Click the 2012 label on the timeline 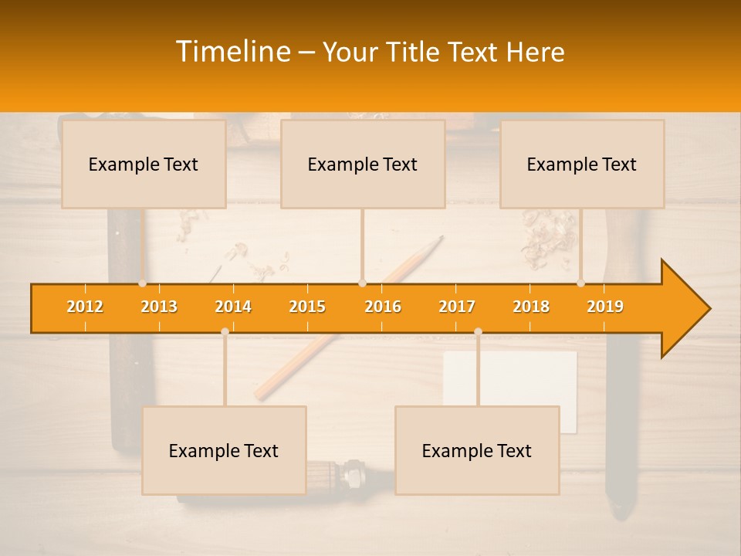click(x=85, y=307)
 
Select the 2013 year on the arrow click(x=159, y=307)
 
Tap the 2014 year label click(x=233, y=307)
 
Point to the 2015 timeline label click(x=307, y=307)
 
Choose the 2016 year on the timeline click(x=383, y=307)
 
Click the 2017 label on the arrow click(x=457, y=307)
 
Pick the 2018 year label click(x=531, y=307)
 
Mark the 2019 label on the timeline click(x=605, y=307)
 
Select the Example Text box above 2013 click(x=144, y=164)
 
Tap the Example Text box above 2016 click(x=363, y=164)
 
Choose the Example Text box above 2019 click(x=582, y=164)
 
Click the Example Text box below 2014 click(x=224, y=450)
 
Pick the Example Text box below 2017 click(x=477, y=450)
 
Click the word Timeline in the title click(x=232, y=52)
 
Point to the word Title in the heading click(x=417, y=53)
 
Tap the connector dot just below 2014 click(x=225, y=331)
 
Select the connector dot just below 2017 click(x=478, y=331)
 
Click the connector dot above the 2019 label click(x=581, y=283)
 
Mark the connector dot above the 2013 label click(x=143, y=283)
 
